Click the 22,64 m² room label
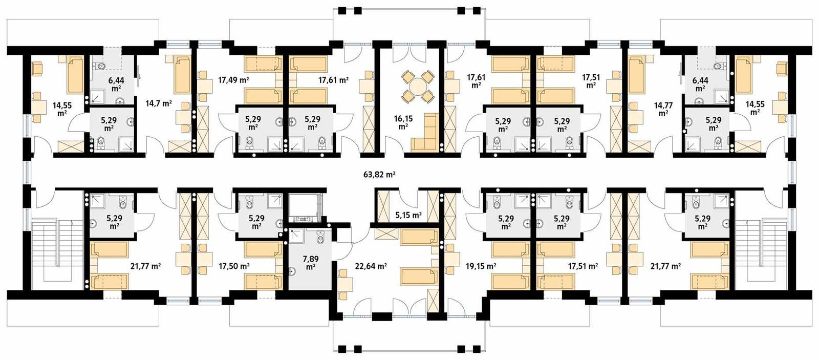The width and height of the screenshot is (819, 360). (x=371, y=266)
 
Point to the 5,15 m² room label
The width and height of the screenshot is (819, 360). (x=408, y=215)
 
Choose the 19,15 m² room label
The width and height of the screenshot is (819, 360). (x=481, y=266)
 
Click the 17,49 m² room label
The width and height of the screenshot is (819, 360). (x=233, y=80)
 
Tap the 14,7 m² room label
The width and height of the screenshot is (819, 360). (x=158, y=103)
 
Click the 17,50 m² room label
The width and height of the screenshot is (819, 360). (x=234, y=266)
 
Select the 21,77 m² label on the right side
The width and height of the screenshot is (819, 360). (x=665, y=266)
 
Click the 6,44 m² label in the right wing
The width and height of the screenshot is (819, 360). (x=700, y=84)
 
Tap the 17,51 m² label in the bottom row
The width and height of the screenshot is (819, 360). (x=583, y=266)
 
